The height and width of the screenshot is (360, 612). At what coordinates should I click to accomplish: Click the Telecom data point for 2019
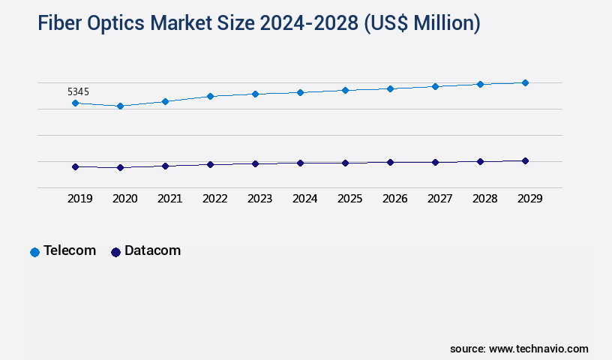point(75,103)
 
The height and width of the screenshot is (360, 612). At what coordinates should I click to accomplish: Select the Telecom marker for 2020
point(120,106)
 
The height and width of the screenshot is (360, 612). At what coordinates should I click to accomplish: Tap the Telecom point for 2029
point(525,82)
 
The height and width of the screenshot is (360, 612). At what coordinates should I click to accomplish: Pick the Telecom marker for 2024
point(300,92)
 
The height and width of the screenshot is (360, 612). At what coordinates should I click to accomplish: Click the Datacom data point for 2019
point(75,166)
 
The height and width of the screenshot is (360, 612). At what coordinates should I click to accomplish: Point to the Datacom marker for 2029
point(525,160)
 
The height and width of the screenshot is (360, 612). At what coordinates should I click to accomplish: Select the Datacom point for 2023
point(255,163)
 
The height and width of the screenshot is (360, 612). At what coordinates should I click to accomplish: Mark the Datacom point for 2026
point(390,162)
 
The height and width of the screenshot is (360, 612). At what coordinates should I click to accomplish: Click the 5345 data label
point(78,91)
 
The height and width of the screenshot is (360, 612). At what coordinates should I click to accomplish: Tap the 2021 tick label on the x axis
point(169,199)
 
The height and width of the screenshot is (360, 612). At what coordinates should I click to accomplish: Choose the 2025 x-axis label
point(349,199)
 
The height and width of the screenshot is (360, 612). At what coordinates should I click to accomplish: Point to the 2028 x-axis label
point(484,199)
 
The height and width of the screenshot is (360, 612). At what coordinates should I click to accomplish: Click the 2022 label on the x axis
point(214,199)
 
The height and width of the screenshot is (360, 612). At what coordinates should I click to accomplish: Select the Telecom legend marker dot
point(34,252)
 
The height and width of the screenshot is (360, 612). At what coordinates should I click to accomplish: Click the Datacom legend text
point(152,250)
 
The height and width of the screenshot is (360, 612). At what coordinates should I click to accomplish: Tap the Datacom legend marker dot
point(115,252)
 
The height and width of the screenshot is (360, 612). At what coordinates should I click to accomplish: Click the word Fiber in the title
point(62,24)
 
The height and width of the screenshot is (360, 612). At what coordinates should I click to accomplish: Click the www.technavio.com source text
point(538,349)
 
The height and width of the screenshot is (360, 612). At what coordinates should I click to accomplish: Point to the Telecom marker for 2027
point(435,86)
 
